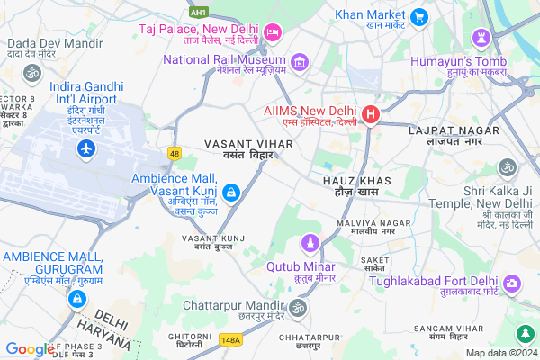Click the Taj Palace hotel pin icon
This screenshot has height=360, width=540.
[x=274, y=33]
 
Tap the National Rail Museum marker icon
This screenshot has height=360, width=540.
[x=299, y=61]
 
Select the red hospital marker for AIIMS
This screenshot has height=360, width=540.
[x=370, y=115]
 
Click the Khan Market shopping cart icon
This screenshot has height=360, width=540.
[x=418, y=16]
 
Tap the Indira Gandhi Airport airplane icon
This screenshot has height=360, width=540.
[x=87, y=148]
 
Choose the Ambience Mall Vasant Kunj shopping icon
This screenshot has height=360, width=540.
[x=231, y=192]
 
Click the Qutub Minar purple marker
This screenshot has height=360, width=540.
[x=310, y=243]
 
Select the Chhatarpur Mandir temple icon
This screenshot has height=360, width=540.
[x=298, y=308]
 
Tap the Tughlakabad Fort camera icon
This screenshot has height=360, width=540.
[x=513, y=283]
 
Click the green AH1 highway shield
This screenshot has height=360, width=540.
[x=200, y=13]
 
